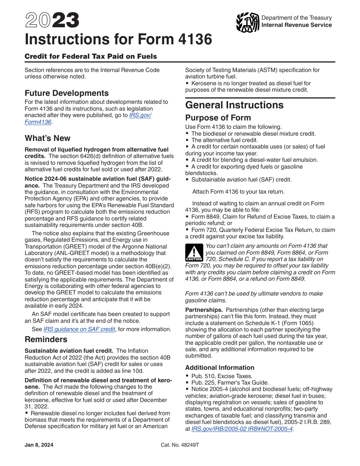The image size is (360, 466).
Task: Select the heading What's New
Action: [47, 138]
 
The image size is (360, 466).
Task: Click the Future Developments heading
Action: [66, 93]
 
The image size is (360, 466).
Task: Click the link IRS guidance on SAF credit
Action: [79, 329]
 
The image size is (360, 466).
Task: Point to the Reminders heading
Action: [46, 339]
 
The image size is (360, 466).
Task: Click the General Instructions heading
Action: [234, 105]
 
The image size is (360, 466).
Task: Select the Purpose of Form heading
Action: [218, 118]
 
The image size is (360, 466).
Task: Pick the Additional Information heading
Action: [220, 367]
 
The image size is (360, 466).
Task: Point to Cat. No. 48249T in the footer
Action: [180, 445]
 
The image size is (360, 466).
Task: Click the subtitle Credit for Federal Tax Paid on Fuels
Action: [91, 56]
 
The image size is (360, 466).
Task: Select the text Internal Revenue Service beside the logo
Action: [296, 25]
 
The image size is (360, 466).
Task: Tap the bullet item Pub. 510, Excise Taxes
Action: [221, 376]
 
